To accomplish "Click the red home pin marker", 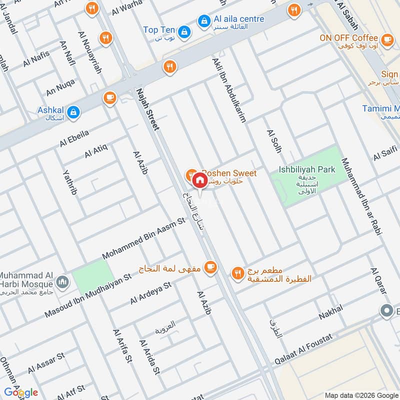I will (199, 179).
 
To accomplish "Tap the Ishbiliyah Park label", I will (306, 170).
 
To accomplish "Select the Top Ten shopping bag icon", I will (184, 30).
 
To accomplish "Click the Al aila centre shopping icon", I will (203, 20).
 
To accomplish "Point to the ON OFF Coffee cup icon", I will (386, 38).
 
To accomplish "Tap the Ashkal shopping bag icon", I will (73, 111).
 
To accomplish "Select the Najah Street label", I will (148, 110).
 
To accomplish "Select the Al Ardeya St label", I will (151, 293).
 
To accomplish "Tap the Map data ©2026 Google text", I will (363, 393).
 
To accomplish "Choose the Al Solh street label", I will (274, 141).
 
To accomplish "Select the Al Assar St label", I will (46, 363).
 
